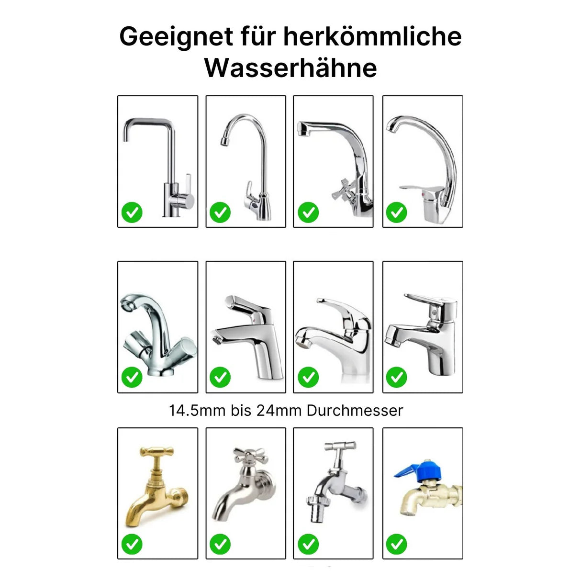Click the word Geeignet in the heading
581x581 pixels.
[x=176, y=37]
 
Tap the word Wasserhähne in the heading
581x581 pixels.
[x=290, y=68]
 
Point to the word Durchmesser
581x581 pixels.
[x=355, y=411]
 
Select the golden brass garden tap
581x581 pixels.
[x=156, y=488]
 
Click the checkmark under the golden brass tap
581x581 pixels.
[x=132, y=544]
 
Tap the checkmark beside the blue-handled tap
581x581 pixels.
[x=396, y=544]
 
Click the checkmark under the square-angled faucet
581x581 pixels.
[x=132, y=212]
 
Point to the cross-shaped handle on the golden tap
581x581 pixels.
[x=156, y=452]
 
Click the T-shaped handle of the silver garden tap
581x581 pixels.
[x=340, y=447]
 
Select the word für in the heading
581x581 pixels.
[x=258, y=36]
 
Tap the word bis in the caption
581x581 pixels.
[x=241, y=411]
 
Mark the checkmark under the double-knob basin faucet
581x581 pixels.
[x=132, y=378]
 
